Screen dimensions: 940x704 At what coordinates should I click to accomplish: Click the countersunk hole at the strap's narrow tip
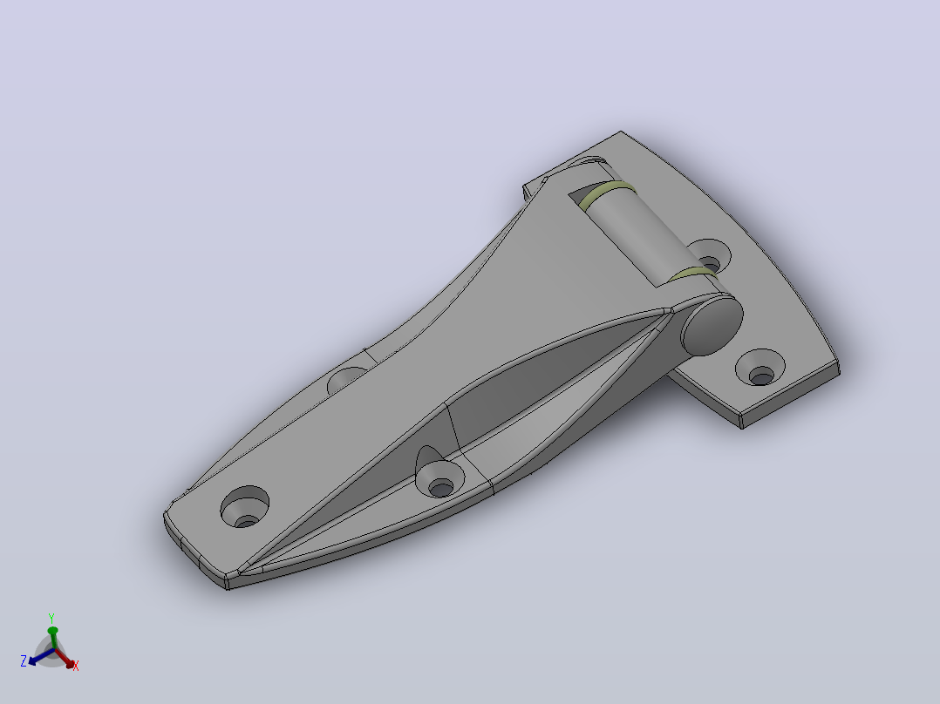point(244,507)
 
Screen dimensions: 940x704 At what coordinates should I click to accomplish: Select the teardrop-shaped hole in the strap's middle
point(439,473)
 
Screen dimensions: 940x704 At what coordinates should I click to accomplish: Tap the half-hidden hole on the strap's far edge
point(348,379)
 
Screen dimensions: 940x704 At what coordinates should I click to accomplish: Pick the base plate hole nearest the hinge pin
point(710,256)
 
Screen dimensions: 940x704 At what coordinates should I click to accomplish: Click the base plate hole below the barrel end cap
point(760,367)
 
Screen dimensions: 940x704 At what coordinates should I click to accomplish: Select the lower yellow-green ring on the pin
point(692,274)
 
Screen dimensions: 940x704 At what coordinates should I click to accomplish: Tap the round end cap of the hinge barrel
point(712,325)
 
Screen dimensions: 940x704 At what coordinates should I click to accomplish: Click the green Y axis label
point(51,619)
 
